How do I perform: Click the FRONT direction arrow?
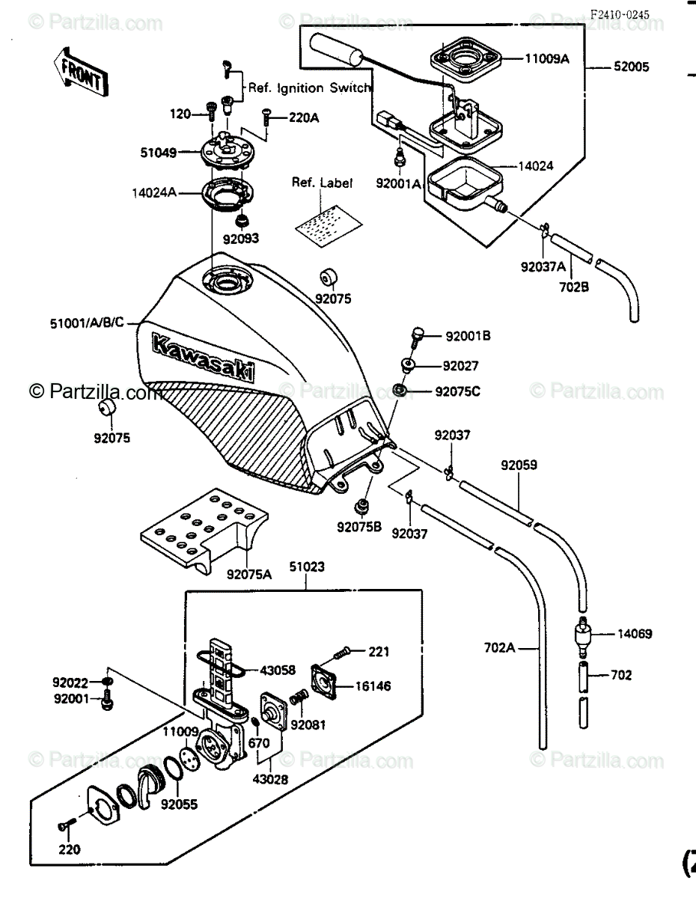pyautogui.click(x=81, y=73)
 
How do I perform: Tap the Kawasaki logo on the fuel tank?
pyautogui.click(x=203, y=357)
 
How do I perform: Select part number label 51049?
pyautogui.click(x=159, y=153)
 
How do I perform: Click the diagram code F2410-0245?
pyautogui.click(x=619, y=15)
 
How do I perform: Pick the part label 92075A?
pyautogui.click(x=248, y=575)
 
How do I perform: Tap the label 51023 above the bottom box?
pyautogui.click(x=307, y=566)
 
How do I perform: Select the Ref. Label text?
pyautogui.click(x=322, y=183)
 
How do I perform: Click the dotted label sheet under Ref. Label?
pyautogui.click(x=329, y=226)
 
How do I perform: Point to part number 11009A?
pyautogui.click(x=547, y=59)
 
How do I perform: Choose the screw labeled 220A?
pyautogui.click(x=266, y=117)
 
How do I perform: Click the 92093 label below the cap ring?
pyautogui.click(x=240, y=239)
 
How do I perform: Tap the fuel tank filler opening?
pyautogui.click(x=228, y=281)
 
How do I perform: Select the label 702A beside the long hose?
pyautogui.click(x=500, y=647)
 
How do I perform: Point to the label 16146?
pyautogui.click(x=373, y=686)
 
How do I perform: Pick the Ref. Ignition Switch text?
pyautogui.click(x=309, y=88)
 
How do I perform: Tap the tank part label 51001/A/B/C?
pyautogui.click(x=87, y=323)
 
